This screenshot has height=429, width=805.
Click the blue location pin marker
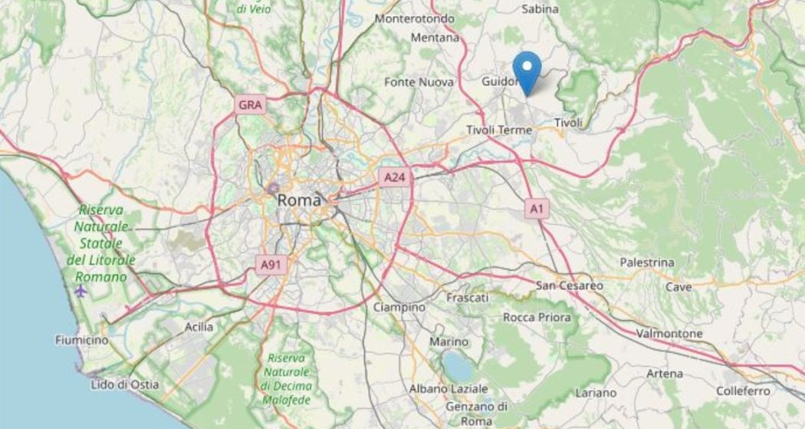click(x=527, y=71)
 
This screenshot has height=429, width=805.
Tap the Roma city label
click(x=298, y=200)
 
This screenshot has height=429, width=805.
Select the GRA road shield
click(x=250, y=105)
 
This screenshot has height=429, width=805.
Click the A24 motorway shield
click(x=394, y=178)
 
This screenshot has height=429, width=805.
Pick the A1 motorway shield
click(x=537, y=208)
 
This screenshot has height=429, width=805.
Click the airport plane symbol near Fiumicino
click(x=81, y=291)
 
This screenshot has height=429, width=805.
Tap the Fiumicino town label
click(x=81, y=338)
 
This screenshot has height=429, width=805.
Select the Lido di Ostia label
click(x=125, y=384)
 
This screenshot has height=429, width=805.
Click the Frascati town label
click(x=466, y=297)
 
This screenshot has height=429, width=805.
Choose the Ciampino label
click(x=399, y=307)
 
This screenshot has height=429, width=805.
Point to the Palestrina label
click(x=647, y=262)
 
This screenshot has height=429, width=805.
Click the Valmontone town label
click(x=669, y=334)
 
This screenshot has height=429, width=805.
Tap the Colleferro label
click(x=743, y=391)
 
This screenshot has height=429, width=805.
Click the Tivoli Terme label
click(x=499, y=130)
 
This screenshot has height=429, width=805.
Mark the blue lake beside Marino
click(x=458, y=368)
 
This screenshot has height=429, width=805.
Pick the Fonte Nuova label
click(x=419, y=82)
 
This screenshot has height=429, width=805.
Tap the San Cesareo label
click(x=569, y=285)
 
